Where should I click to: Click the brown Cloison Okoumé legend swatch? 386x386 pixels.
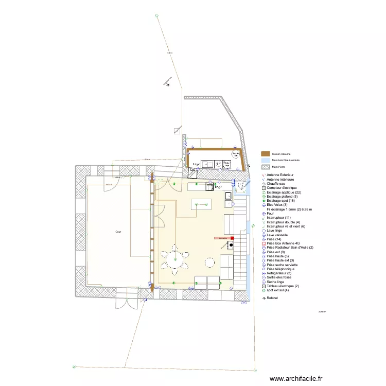(266, 153)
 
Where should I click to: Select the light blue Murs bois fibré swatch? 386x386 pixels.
(266, 160)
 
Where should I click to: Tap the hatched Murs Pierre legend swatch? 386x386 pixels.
(266, 167)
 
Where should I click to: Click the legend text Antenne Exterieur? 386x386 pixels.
(280, 176)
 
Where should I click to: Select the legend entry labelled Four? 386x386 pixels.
(271, 214)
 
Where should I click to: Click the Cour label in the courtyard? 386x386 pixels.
(118, 232)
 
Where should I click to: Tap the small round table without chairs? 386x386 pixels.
(209, 262)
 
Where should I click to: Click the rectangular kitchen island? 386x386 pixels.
(201, 204)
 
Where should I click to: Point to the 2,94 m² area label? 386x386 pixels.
(323, 311)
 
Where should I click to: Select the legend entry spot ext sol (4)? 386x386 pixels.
(280, 290)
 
